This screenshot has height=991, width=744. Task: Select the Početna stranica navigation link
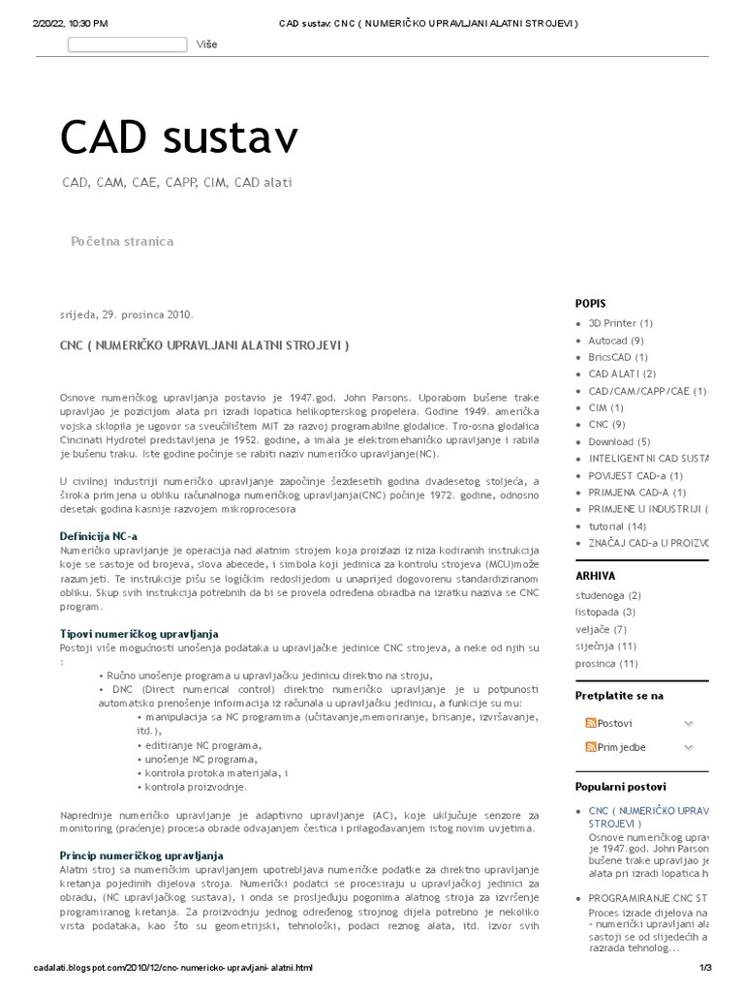(122, 241)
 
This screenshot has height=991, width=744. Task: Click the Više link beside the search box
(206, 45)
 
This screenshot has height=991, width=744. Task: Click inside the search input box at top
(128, 45)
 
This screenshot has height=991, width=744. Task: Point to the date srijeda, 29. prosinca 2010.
(126, 315)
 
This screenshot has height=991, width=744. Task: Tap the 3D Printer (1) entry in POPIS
(620, 323)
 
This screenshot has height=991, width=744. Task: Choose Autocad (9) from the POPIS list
(616, 341)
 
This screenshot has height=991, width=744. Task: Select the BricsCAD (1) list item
(618, 357)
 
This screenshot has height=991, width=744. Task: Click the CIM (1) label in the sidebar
(605, 408)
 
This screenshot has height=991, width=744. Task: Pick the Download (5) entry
(619, 442)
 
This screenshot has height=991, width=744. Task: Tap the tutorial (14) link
(617, 526)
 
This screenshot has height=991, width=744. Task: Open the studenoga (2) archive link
(607, 595)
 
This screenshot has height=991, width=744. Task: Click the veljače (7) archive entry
(601, 629)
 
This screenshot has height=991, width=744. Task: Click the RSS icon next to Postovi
(590, 723)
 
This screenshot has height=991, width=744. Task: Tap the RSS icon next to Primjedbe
(590, 747)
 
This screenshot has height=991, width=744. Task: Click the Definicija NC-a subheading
(99, 535)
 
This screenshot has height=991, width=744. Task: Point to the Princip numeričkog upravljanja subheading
(141, 856)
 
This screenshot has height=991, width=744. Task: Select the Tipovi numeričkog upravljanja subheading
(139, 633)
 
